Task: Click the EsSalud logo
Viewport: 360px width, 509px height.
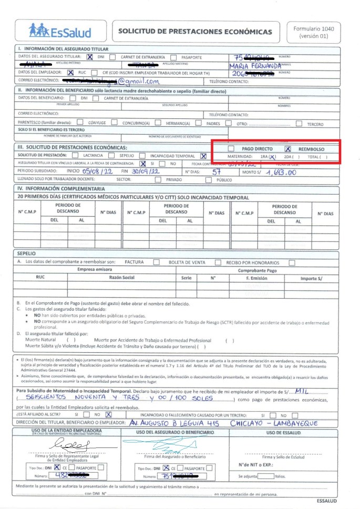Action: [x=59, y=32]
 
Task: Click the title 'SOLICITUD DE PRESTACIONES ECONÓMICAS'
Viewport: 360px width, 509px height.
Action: [x=195, y=32]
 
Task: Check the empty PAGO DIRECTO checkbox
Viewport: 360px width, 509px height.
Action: [x=231, y=149]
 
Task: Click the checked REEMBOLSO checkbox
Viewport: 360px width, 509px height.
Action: [x=287, y=149]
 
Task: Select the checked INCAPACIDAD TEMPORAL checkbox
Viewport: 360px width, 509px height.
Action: [x=203, y=156]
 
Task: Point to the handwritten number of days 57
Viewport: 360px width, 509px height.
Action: [x=215, y=171]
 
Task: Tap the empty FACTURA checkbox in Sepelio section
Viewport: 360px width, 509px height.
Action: [x=150, y=262]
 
